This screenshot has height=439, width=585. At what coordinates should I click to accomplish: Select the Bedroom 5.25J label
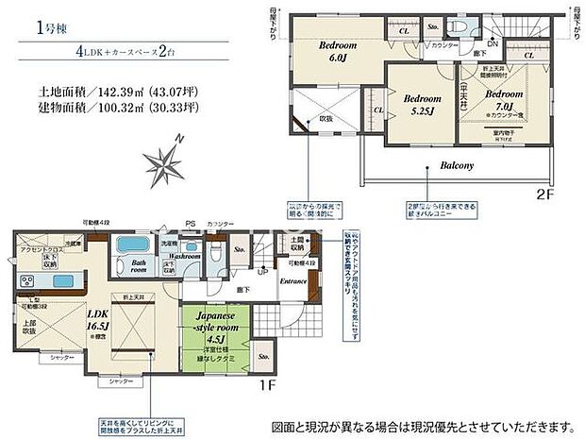click(x=423, y=104)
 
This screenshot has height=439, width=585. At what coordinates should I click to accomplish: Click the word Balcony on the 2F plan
click(x=457, y=165)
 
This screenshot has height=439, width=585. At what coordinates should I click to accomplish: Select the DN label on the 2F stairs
click(x=492, y=43)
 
